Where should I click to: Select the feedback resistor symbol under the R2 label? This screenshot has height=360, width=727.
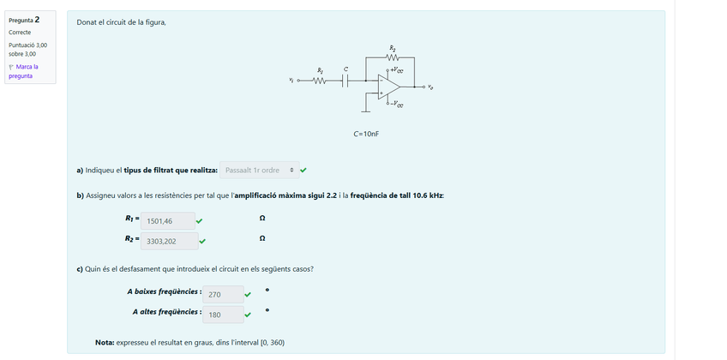point(393,57)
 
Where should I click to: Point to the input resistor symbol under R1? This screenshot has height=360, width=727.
point(320,82)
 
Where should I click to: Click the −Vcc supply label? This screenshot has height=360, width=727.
point(397,105)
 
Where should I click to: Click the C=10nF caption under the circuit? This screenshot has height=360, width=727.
point(366,135)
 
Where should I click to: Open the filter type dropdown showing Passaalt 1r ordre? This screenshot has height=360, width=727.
point(259,170)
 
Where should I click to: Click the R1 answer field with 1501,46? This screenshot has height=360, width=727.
point(167,221)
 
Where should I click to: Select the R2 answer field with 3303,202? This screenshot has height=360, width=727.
point(169,241)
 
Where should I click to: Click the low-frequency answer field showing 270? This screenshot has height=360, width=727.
point(225,294)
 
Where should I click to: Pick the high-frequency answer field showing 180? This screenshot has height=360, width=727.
point(225,315)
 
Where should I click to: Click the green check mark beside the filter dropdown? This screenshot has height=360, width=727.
point(303,170)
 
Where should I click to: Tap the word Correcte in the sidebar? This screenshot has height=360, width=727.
point(20,32)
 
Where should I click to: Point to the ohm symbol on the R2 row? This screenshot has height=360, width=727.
point(261,238)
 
